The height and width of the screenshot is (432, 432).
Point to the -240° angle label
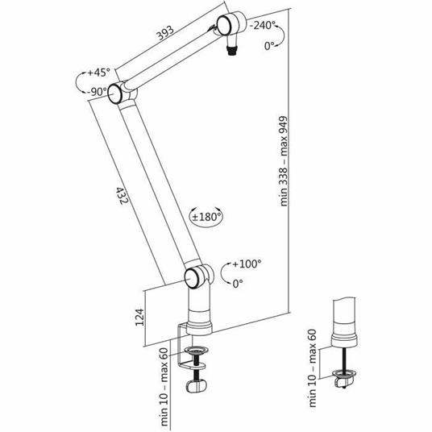coord(264,25)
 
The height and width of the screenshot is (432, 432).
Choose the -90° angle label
coord(98,91)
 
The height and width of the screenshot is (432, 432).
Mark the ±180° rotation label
coord(206,216)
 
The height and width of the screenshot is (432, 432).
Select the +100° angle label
coord(247,264)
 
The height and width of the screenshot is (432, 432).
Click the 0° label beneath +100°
coord(238,284)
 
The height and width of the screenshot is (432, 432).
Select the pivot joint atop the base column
coord(195,278)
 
